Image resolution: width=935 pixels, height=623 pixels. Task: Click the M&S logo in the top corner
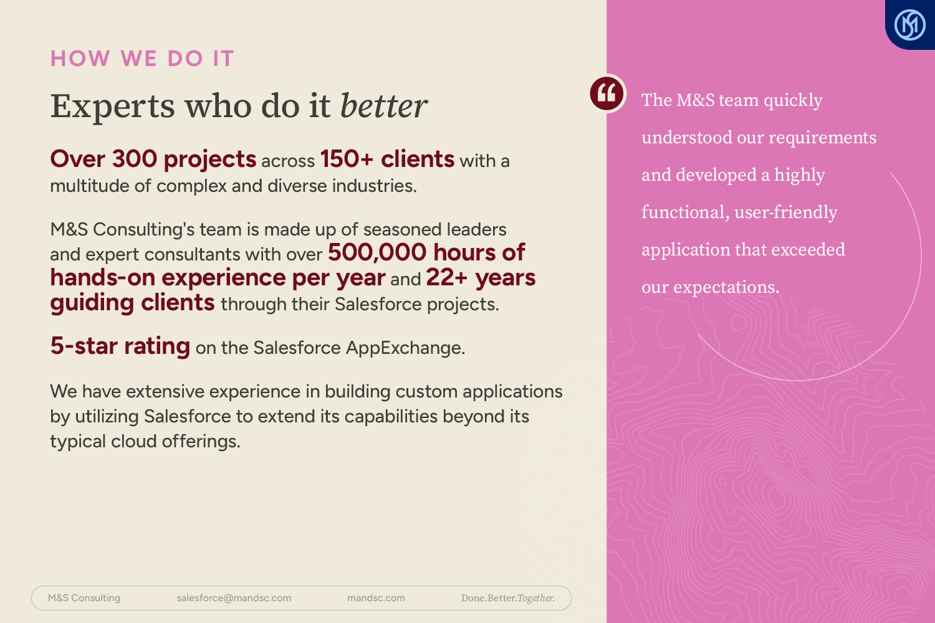(x=910, y=25)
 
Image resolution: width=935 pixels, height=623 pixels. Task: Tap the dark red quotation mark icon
(x=607, y=93)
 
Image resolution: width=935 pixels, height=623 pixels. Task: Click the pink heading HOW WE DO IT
(x=142, y=58)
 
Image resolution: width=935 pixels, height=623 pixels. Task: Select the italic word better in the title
(x=383, y=105)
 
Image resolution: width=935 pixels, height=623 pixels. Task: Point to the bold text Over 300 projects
(x=153, y=160)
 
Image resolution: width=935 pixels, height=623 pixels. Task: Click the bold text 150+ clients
(x=387, y=159)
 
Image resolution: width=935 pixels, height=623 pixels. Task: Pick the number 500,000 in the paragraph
(x=377, y=252)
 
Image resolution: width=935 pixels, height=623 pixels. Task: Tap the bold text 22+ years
(x=481, y=278)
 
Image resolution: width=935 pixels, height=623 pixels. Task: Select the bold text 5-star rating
(x=120, y=346)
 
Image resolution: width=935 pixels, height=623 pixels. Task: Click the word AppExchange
(x=405, y=348)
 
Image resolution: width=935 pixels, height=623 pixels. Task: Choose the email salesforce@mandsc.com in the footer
(x=234, y=598)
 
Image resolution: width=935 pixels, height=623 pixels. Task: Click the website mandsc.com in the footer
(x=376, y=598)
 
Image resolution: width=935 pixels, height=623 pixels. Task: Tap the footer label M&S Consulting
(x=84, y=598)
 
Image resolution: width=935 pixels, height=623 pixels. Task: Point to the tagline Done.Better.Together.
(x=508, y=598)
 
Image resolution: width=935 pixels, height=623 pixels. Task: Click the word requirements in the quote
(x=822, y=138)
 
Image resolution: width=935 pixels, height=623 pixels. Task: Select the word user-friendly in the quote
(x=785, y=212)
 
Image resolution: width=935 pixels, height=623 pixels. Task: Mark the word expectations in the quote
(x=726, y=287)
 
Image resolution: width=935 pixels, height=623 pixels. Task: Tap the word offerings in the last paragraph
(x=201, y=442)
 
